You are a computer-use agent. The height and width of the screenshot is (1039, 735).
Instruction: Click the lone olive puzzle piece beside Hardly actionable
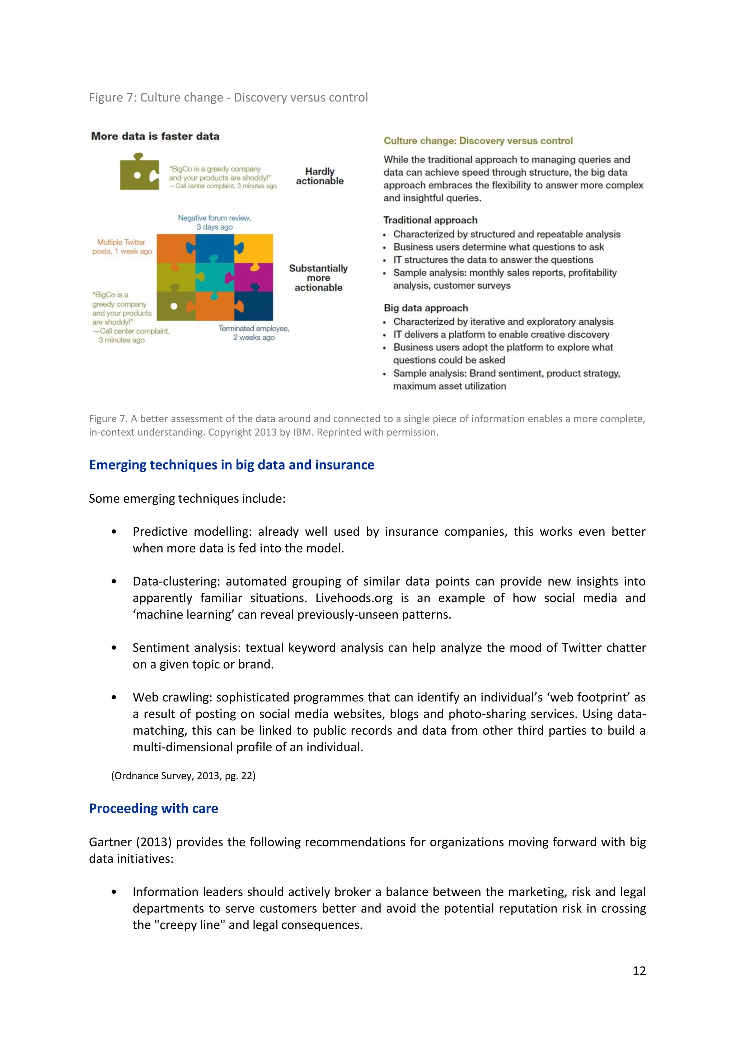click(x=139, y=173)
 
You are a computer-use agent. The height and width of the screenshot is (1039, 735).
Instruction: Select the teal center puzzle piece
click(x=215, y=277)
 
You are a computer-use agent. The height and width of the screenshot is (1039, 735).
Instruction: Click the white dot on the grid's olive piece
click(x=174, y=306)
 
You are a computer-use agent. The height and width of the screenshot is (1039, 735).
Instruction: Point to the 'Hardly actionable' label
click(x=319, y=176)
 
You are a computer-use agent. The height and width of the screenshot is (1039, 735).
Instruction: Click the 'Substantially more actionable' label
click(x=318, y=278)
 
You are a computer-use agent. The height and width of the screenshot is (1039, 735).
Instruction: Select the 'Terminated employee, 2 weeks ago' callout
click(x=253, y=333)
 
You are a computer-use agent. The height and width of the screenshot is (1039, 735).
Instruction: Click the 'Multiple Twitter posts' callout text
click(x=122, y=246)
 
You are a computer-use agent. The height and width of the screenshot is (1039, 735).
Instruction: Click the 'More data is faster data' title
click(x=155, y=136)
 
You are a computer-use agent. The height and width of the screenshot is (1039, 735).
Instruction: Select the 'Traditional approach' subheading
click(x=430, y=220)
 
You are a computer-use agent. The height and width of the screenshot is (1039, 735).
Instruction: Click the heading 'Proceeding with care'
click(x=154, y=808)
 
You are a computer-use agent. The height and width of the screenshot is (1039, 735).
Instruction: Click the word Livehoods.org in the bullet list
click(x=354, y=598)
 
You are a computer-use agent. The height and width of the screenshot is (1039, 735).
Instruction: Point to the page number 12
click(x=638, y=971)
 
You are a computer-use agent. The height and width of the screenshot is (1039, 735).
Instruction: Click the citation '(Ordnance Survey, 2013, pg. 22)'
click(x=183, y=776)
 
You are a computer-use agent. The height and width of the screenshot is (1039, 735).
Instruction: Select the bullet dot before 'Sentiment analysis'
click(x=114, y=648)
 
